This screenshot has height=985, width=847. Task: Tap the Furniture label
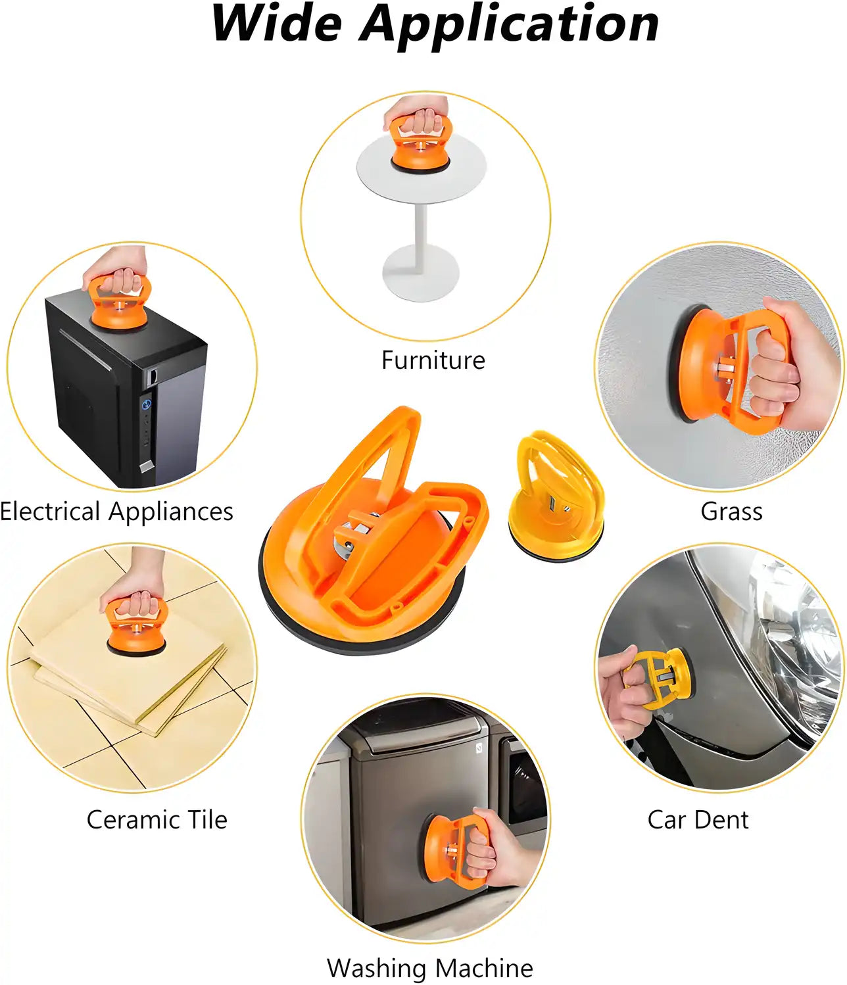[x=433, y=360]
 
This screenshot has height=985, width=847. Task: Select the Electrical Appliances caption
[x=116, y=512]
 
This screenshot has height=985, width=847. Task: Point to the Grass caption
[x=731, y=512]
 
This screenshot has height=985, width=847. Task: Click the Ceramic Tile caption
[x=157, y=820]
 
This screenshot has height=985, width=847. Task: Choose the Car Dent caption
[x=698, y=820]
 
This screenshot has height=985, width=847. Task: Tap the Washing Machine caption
[x=429, y=968]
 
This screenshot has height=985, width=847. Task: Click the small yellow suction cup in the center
[x=557, y=500]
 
